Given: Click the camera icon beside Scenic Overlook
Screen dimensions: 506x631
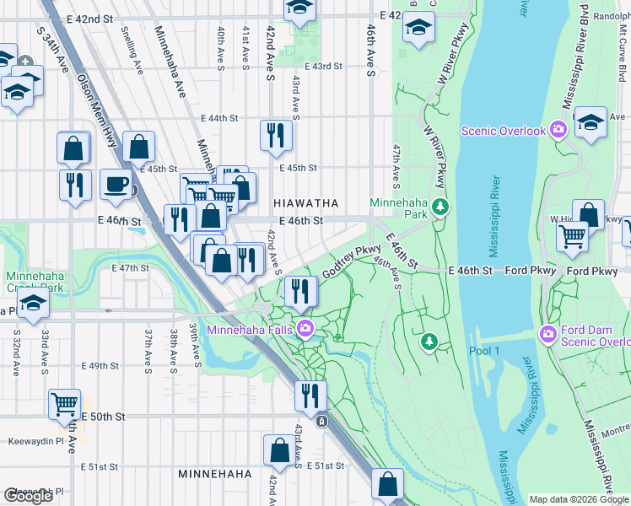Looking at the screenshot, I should pos(558,130).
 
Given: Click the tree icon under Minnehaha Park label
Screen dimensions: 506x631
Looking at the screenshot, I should pos(439,206).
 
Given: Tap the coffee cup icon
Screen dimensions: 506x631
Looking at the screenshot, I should pos(116,184).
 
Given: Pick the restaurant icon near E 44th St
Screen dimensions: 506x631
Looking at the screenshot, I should pos(276,135).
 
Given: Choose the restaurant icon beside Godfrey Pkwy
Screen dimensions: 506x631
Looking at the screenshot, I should pos(301,292).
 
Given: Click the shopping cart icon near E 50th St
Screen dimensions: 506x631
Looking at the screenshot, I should pos(65,405).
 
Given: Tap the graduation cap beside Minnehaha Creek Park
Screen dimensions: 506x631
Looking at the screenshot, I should pos(32,305).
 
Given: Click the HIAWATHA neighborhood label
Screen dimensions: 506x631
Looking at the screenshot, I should pos(305,203).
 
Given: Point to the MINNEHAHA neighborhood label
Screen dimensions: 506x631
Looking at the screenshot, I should pos(214,475).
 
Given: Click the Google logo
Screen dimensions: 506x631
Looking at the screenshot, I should pos(29,496).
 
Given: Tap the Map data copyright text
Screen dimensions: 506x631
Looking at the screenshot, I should pos(579,499).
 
